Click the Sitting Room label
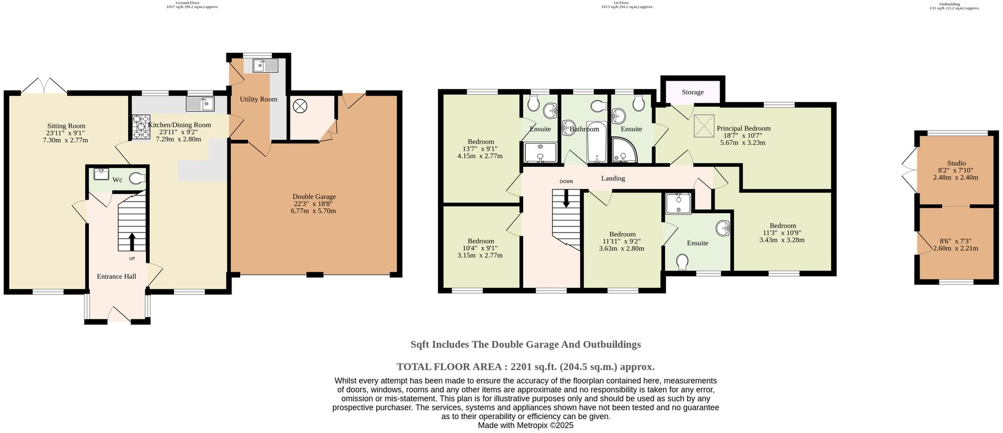pyautogui.click(x=66, y=126)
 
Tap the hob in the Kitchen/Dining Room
pyautogui.click(x=140, y=126)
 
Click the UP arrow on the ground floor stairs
pyautogui.click(x=132, y=241)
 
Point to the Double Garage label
pyautogui.click(x=314, y=197)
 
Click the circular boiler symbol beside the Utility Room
pyautogui.click(x=300, y=105)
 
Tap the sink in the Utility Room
pyautogui.click(x=266, y=66)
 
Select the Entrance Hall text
pyautogui.click(x=116, y=276)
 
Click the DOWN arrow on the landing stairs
pyautogui.click(x=566, y=199)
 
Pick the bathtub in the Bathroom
pyautogui.click(x=596, y=142)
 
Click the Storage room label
pyautogui.click(x=692, y=92)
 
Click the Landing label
pyautogui.click(x=613, y=178)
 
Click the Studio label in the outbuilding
pyautogui.click(x=956, y=163)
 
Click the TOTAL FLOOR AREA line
pyautogui.click(x=525, y=366)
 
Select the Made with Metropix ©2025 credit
pyautogui.click(x=525, y=425)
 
